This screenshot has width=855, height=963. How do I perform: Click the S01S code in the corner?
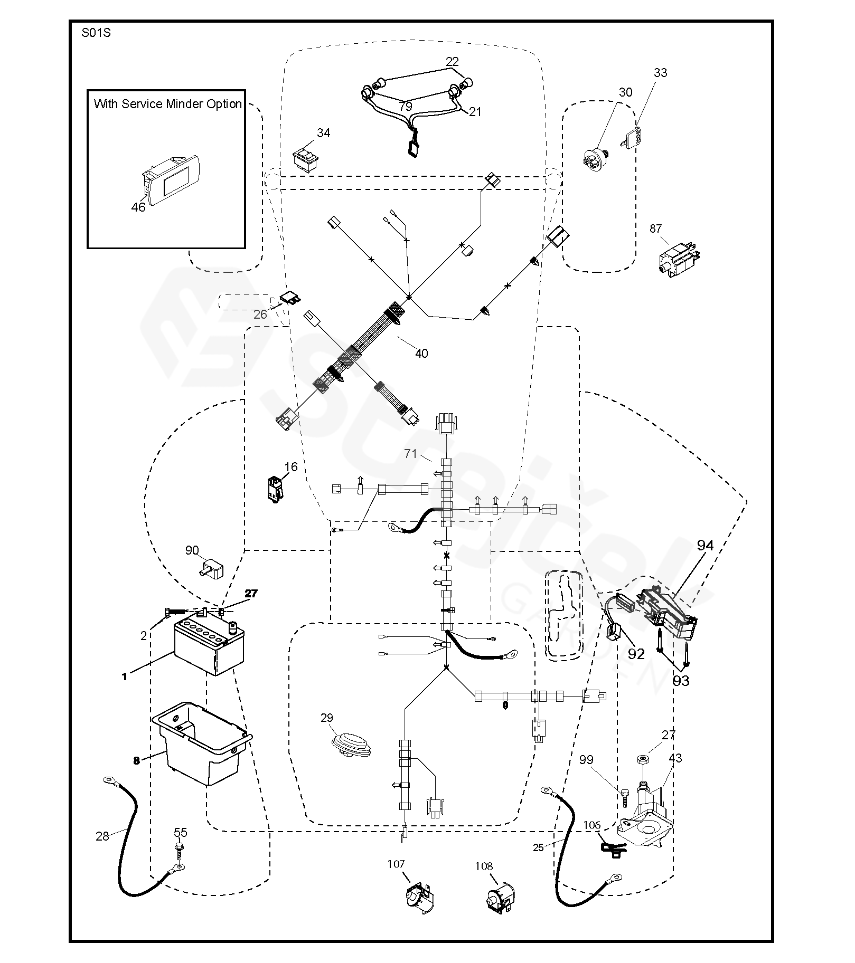pyautogui.click(x=96, y=33)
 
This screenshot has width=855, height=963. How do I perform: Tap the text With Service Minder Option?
pyautogui.click(x=168, y=104)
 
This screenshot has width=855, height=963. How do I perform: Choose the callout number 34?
pyautogui.click(x=323, y=133)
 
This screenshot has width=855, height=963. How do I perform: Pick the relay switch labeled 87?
pyautogui.click(x=678, y=258)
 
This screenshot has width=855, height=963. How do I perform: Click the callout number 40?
pyautogui.click(x=421, y=353)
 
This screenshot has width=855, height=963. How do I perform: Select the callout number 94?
pyautogui.click(x=705, y=545)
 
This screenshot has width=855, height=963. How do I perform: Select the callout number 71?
pyautogui.click(x=411, y=453)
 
